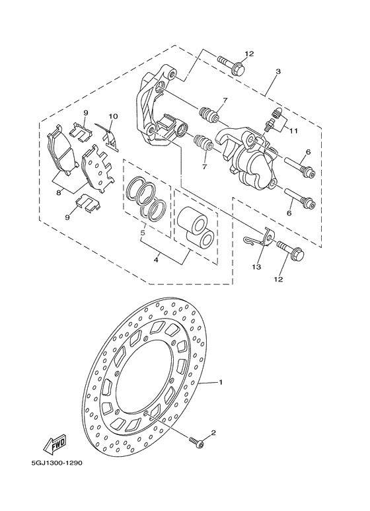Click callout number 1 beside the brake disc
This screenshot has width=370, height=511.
point(222,382)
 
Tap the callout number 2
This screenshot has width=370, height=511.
point(213,433)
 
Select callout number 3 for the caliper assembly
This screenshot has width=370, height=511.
point(279,71)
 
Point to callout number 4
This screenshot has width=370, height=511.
point(156,260)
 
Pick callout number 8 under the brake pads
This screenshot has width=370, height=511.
point(59,192)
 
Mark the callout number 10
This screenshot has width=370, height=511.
point(113,116)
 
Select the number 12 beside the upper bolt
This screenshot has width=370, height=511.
point(248,54)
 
